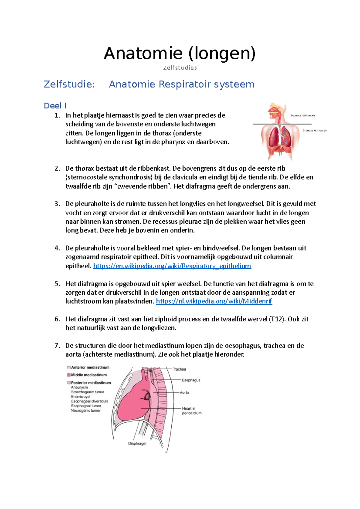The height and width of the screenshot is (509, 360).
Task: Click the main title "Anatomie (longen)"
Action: click(180, 54)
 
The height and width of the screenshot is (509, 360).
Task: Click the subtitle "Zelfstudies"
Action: click(180, 68)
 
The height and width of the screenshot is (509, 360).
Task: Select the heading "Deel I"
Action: click(55, 106)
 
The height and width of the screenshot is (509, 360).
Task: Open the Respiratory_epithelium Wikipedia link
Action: click(172, 266)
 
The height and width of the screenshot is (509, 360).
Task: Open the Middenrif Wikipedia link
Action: click(214, 301)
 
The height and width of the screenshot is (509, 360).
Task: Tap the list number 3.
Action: click(57, 204)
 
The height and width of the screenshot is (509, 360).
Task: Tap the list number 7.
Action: click(57, 346)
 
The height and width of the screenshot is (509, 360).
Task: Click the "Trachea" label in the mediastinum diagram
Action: click(179, 369)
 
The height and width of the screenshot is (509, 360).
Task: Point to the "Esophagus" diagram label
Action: click(191, 380)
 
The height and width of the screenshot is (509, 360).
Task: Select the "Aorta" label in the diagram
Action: click(184, 392)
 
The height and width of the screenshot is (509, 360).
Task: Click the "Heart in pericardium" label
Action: click(191, 411)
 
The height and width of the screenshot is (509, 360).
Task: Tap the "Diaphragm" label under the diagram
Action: click(137, 443)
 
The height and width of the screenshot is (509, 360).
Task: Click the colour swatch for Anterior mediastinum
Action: click(69, 368)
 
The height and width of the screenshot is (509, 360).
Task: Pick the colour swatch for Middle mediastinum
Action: click(69, 375)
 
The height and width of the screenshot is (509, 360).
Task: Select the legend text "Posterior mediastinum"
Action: click(91, 383)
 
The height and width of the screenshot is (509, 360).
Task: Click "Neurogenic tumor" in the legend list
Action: click(86, 411)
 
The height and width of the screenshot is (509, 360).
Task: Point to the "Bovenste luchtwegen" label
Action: click(303, 115)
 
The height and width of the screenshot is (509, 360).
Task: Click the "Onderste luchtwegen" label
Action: click(314, 130)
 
